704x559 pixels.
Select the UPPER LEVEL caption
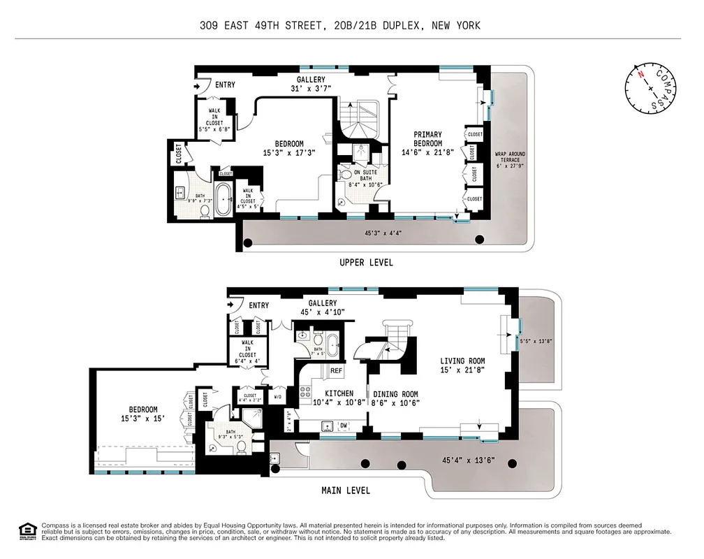pos(366,263)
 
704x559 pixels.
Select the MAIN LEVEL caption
pos(346,490)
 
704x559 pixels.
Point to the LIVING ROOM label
pos(462,365)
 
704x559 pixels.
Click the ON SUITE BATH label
pos(366,177)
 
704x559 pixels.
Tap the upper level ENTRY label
pos(225,85)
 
